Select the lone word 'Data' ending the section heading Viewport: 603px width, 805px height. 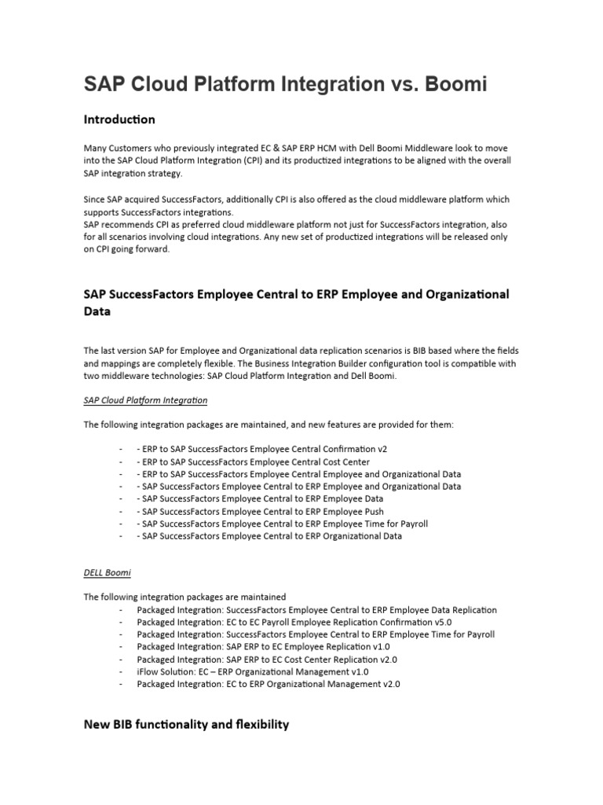[x=98, y=311]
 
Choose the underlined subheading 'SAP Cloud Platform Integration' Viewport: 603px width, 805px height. [x=145, y=400]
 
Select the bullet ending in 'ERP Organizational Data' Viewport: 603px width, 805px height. [x=272, y=536]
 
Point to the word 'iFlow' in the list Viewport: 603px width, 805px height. [x=148, y=671]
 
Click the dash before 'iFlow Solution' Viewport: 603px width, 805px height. [x=120, y=671]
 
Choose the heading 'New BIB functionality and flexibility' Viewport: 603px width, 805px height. [x=186, y=724]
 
